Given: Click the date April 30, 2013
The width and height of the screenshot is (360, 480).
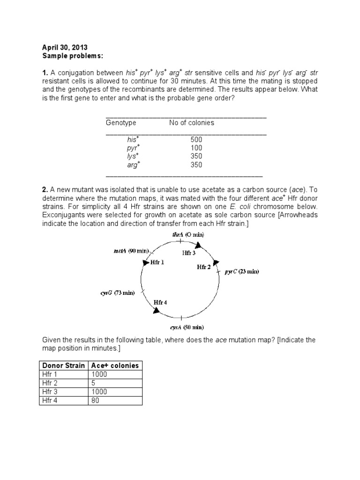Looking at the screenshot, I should click(x=65, y=47).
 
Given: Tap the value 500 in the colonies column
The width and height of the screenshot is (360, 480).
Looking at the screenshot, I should click(x=196, y=140).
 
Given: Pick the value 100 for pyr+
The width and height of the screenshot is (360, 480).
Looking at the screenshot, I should click(x=196, y=148).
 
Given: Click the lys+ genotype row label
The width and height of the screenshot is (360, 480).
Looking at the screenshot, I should click(x=133, y=157).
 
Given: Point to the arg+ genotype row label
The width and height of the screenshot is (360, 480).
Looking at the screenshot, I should click(x=133, y=165).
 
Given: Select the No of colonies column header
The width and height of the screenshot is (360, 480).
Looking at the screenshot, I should click(x=191, y=123).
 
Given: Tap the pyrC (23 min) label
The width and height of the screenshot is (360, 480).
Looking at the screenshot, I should click(x=241, y=271).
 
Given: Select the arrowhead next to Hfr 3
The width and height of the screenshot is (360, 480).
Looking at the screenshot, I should click(x=198, y=245).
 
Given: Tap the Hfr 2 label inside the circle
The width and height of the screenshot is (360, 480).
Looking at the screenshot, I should click(x=204, y=267).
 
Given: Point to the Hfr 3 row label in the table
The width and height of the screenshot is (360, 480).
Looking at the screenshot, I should click(x=49, y=391).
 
